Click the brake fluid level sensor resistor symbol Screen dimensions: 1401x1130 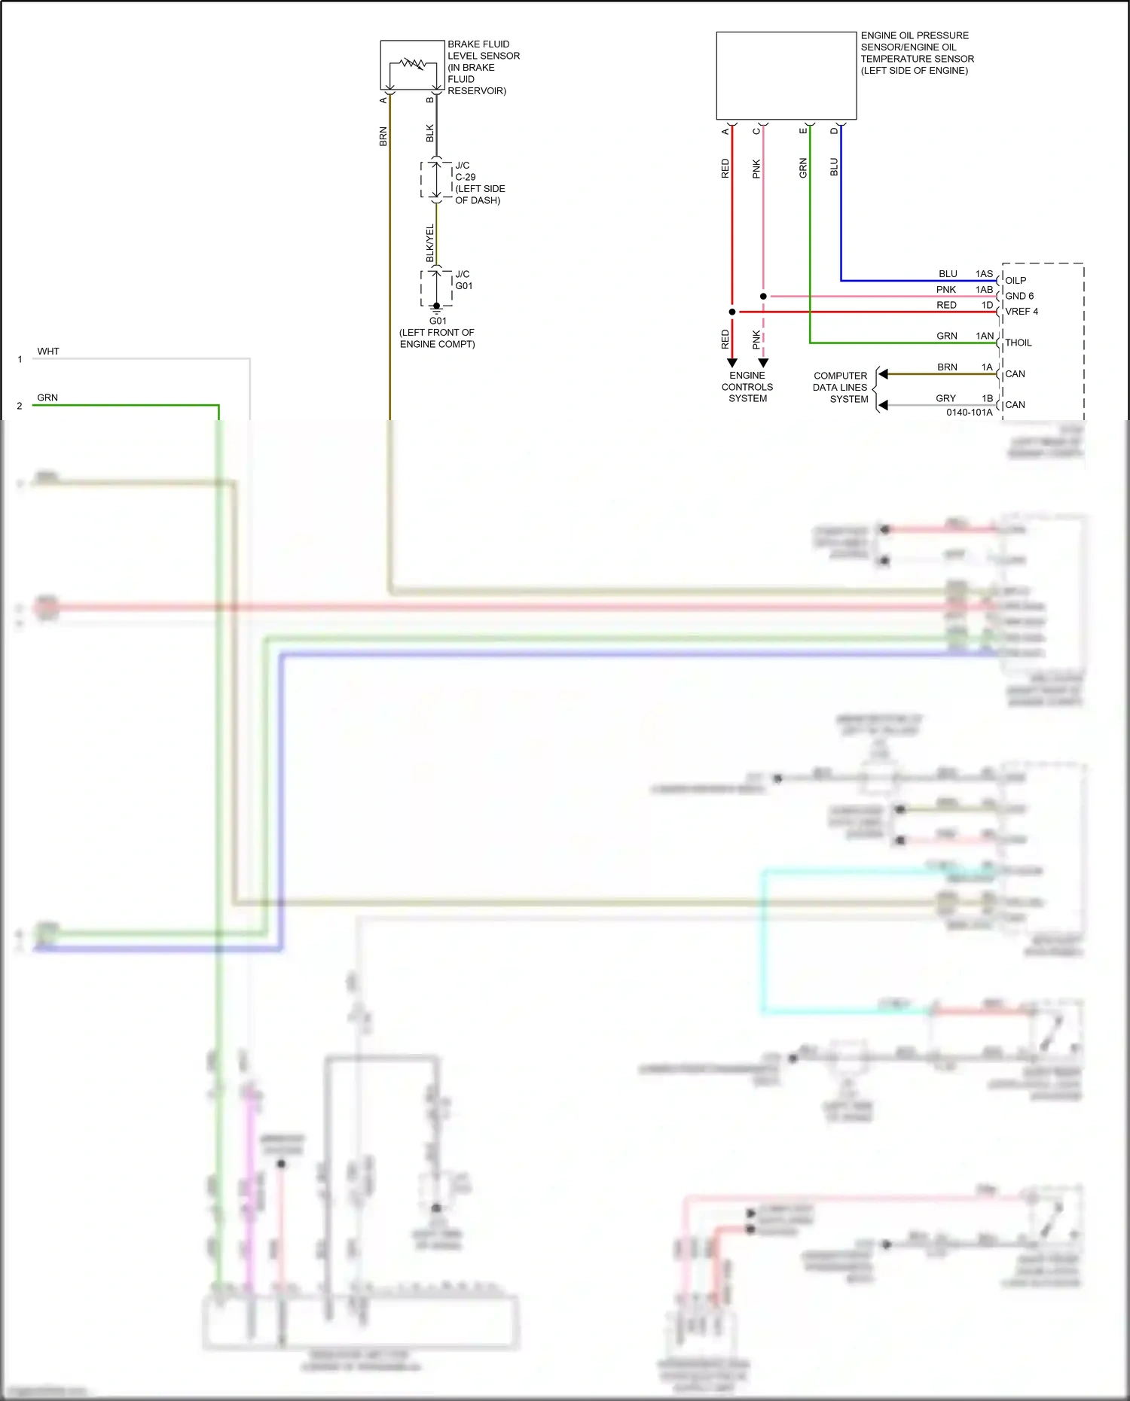412,63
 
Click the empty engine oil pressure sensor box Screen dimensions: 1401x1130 786,75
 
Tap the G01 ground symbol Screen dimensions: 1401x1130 436,308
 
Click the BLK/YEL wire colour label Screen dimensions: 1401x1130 430,242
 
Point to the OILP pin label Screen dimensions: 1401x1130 1015,280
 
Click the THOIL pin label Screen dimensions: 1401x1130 1018,343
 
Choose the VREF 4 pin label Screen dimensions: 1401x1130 1021,311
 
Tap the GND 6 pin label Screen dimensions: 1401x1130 1019,296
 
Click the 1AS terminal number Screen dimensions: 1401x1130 984,274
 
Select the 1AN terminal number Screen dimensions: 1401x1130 985,336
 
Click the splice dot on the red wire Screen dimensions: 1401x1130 732,312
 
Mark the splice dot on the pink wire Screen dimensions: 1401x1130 763,297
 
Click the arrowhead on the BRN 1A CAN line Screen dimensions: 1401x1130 884,374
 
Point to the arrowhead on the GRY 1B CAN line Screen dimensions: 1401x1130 884,405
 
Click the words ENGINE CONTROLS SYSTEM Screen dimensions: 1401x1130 747,387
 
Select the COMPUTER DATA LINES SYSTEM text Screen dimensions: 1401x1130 840,387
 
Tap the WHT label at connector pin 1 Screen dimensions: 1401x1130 48,352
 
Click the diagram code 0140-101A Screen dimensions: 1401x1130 969,413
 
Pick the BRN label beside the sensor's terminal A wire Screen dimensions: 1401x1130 383,136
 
